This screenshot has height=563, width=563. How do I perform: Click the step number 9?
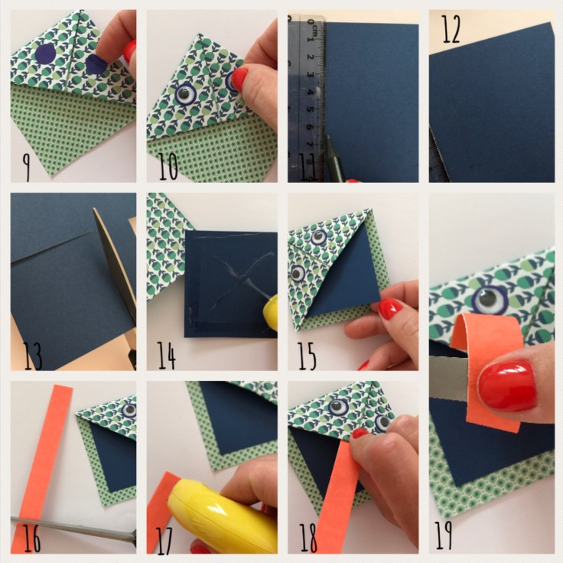pos(26,167)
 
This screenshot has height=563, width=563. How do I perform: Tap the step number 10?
pos(168,166)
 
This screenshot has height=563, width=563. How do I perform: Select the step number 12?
pos(451,29)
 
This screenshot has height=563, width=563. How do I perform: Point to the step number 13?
pos(33,356)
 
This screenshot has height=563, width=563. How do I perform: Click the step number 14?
pos(167,356)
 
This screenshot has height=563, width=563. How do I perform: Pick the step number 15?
pos(307,356)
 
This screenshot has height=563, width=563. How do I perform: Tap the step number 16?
pos(32,538)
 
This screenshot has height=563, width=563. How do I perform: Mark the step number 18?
pos(308,538)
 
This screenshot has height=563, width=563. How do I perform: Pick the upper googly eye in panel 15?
pos(319,237)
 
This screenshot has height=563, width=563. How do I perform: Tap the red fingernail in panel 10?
pos(239,80)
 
